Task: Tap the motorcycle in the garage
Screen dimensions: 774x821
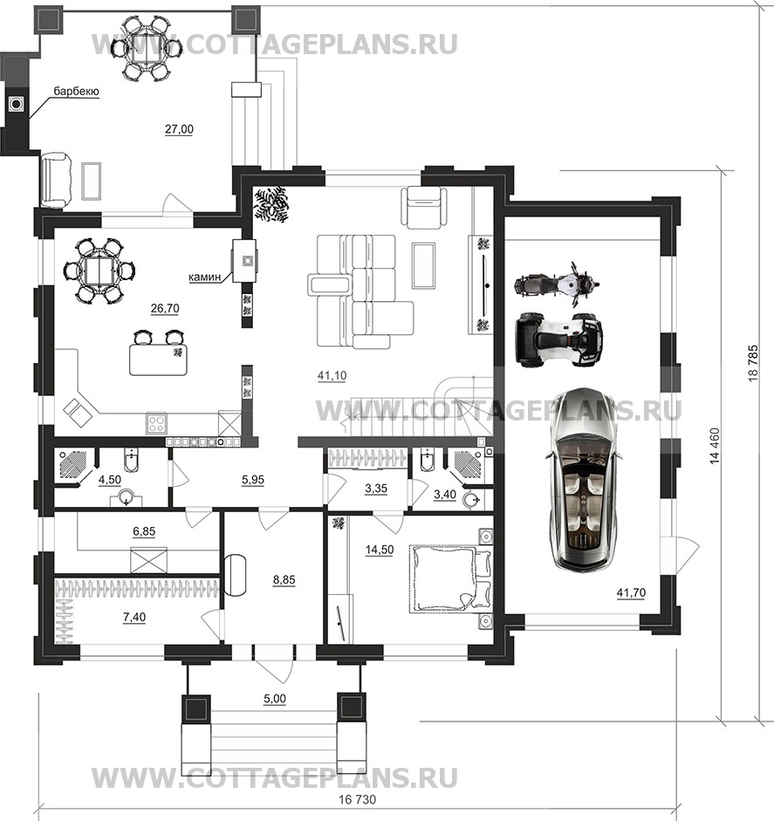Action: tap(557, 285)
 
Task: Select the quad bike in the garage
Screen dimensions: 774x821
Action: tap(559, 339)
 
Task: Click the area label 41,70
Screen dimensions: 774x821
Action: tap(631, 593)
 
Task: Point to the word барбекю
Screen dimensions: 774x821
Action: tap(77, 92)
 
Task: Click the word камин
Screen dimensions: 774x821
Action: tap(205, 277)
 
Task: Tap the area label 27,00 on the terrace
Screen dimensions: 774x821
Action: tap(179, 129)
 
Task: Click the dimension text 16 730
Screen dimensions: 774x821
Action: tap(358, 800)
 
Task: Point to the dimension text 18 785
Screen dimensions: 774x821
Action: tap(753, 363)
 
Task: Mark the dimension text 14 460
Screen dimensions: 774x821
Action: tap(715, 446)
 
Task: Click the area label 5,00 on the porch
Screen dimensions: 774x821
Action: tap(275, 699)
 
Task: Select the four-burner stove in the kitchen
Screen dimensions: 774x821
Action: tap(156, 423)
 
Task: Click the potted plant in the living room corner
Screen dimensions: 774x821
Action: tap(271, 205)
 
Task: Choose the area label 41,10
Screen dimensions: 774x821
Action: tap(332, 375)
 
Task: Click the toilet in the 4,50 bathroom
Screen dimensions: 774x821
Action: tap(130, 461)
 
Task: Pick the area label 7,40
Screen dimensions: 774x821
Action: tap(134, 618)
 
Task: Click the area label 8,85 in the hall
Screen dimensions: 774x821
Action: tap(284, 579)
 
